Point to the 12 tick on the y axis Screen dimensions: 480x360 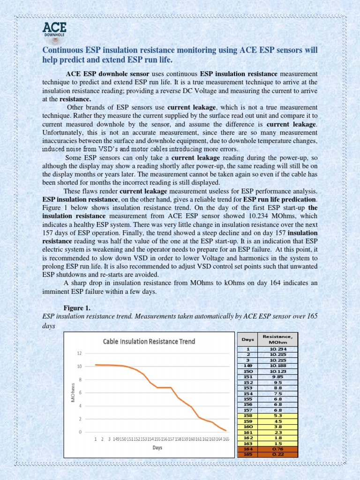[80, 353]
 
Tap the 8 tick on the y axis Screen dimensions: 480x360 [80, 379]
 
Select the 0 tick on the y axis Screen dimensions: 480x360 [80, 432]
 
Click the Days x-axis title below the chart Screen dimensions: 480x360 [157, 448]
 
